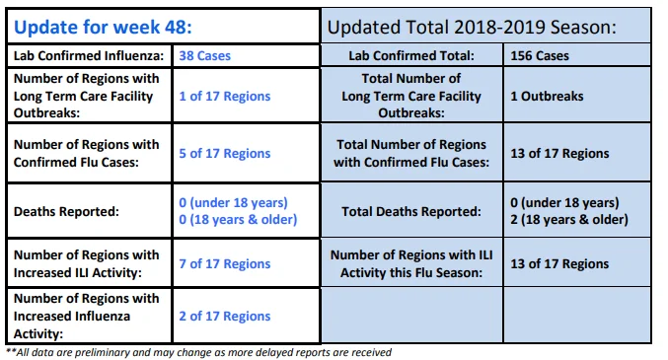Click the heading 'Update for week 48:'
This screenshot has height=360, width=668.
click(103, 28)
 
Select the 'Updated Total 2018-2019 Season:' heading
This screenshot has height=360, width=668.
click(472, 28)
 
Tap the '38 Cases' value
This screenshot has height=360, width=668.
click(205, 56)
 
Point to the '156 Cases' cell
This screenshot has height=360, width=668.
click(540, 56)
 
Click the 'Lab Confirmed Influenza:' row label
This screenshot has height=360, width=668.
click(89, 56)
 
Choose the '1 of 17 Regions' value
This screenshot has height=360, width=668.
click(225, 97)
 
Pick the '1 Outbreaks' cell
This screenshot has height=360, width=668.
click(547, 97)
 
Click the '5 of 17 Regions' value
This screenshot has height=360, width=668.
click(225, 154)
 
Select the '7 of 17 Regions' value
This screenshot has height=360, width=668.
click(225, 263)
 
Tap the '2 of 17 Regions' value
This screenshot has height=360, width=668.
click(225, 317)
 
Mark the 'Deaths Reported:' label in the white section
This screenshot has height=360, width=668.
click(66, 211)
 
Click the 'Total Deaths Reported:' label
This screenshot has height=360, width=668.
click(411, 211)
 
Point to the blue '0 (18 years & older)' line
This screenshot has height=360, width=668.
click(238, 220)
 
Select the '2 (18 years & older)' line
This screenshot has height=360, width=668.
click(569, 220)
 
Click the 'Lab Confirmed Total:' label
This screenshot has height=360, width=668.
click(411, 56)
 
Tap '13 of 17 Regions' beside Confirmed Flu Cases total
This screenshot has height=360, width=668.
click(559, 154)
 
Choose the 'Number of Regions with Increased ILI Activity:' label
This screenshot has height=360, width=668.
click(87, 263)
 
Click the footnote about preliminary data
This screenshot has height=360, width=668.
click(199, 353)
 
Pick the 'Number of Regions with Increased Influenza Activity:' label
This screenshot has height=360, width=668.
click(87, 317)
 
